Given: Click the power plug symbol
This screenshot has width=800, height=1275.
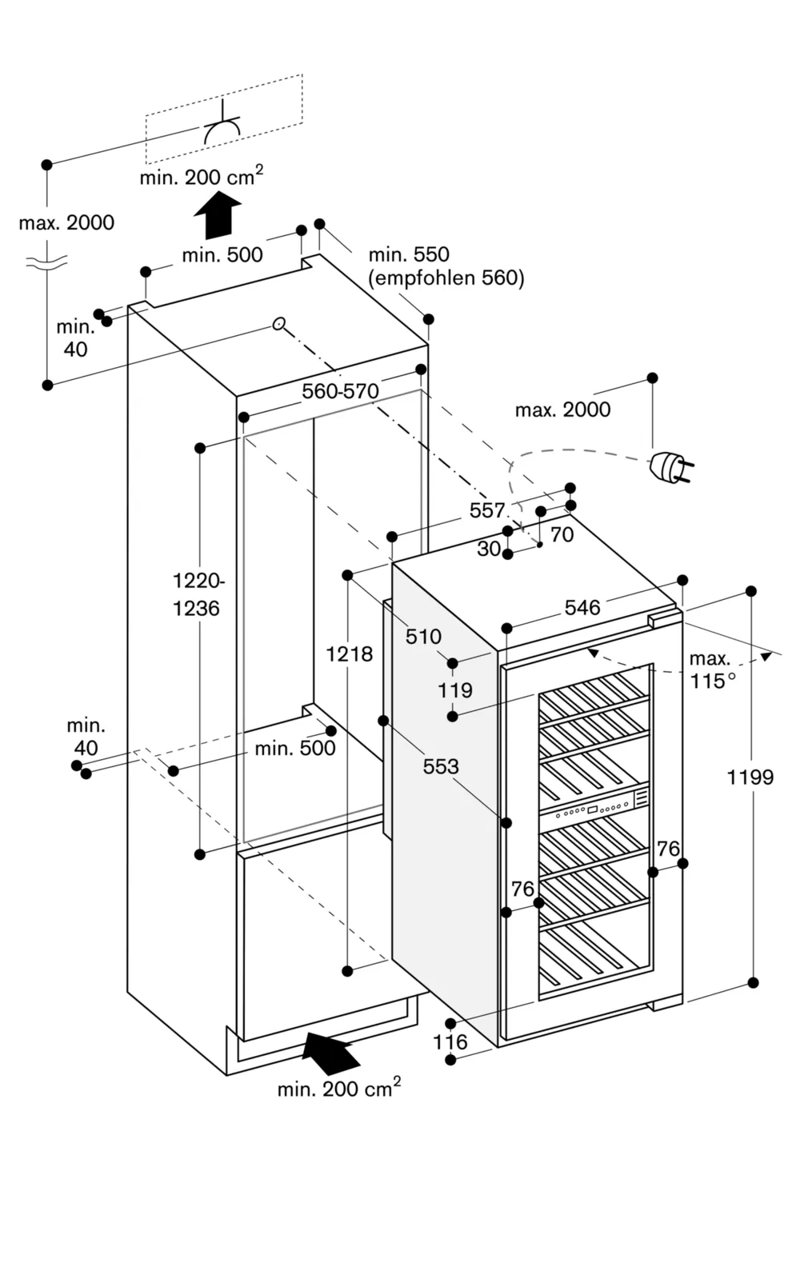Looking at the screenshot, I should (670, 469).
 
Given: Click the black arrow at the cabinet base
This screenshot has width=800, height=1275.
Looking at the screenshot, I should (330, 1051).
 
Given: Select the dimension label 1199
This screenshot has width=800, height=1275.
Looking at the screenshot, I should (750, 777).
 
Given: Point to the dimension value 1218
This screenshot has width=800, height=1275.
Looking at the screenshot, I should (349, 654).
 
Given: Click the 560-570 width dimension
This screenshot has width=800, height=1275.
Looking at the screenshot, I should (340, 391).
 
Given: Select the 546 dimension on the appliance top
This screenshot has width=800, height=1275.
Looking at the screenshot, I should (582, 607).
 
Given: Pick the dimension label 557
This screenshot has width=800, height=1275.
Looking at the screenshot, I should (487, 510).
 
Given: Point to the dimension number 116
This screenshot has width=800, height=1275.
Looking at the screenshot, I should (450, 1041).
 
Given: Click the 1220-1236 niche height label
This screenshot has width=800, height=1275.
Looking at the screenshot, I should (196, 595).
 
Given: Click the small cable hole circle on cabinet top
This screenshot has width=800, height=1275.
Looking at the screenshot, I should (278, 323).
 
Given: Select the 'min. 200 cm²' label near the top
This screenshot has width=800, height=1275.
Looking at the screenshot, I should (201, 176).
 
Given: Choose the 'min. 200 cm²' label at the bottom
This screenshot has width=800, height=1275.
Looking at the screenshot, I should (338, 1088).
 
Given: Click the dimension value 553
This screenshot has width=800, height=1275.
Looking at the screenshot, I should (441, 766).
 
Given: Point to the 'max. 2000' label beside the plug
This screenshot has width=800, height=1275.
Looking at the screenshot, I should (562, 410).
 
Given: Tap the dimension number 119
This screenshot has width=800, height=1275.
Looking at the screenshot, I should (454, 689).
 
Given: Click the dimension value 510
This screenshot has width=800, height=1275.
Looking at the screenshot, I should (423, 637).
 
